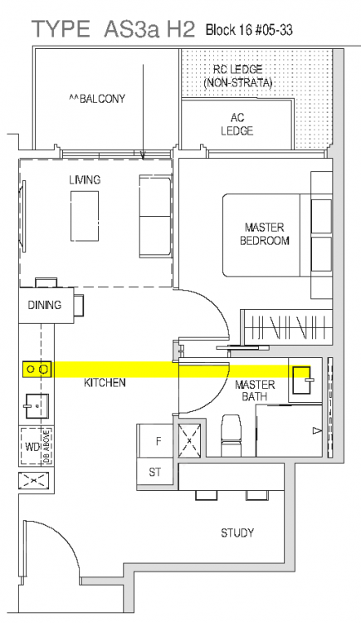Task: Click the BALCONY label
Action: (x=97, y=99)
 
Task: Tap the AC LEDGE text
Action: (x=237, y=124)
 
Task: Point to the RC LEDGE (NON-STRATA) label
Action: (x=238, y=76)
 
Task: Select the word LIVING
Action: (x=85, y=180)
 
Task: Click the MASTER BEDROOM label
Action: (x=265, y=234)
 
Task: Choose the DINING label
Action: (x=45, y=305)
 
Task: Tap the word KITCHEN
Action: (x=105, y=383)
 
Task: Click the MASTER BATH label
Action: (x=255, y=390)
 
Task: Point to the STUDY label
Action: (x=237, y=532)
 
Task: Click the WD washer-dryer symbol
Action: (x=37, y=446)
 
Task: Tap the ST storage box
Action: (x=155, y=473)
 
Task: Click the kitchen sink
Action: (x=37, y=405)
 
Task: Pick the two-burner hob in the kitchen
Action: (x=37, y=370)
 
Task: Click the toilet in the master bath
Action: (x=231, y=435)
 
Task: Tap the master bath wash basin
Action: (x=301, y=380)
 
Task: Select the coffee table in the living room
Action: (x=85, y=216)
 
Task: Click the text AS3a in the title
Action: (x=130, y=30)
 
